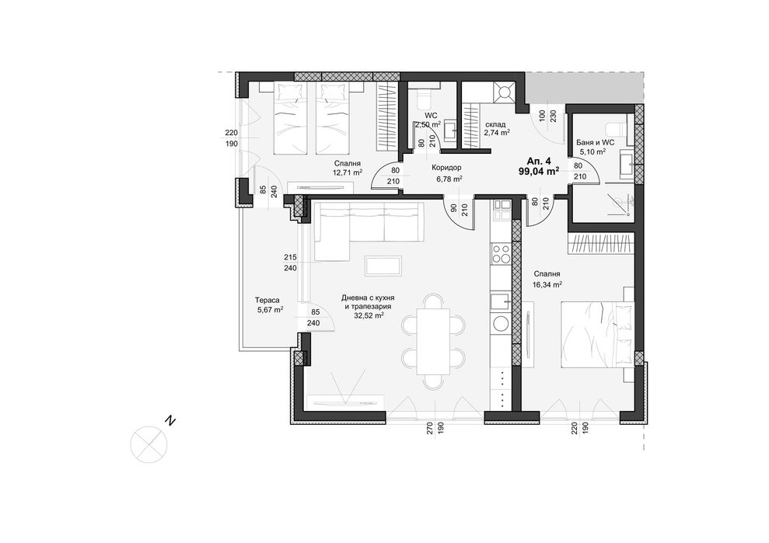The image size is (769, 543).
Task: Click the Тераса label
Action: tap(267, 300)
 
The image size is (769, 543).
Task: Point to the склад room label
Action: tap(495, 124)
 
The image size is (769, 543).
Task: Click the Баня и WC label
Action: tap(596, 143)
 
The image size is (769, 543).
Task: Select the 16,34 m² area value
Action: tap(547, 285)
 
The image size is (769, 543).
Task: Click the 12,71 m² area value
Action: tap(347, 173)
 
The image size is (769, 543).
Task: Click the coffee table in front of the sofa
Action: tap(383, 266)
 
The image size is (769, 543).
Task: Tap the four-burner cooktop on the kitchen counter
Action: tap(502, 255)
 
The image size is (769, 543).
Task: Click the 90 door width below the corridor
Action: tap(453, 207)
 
